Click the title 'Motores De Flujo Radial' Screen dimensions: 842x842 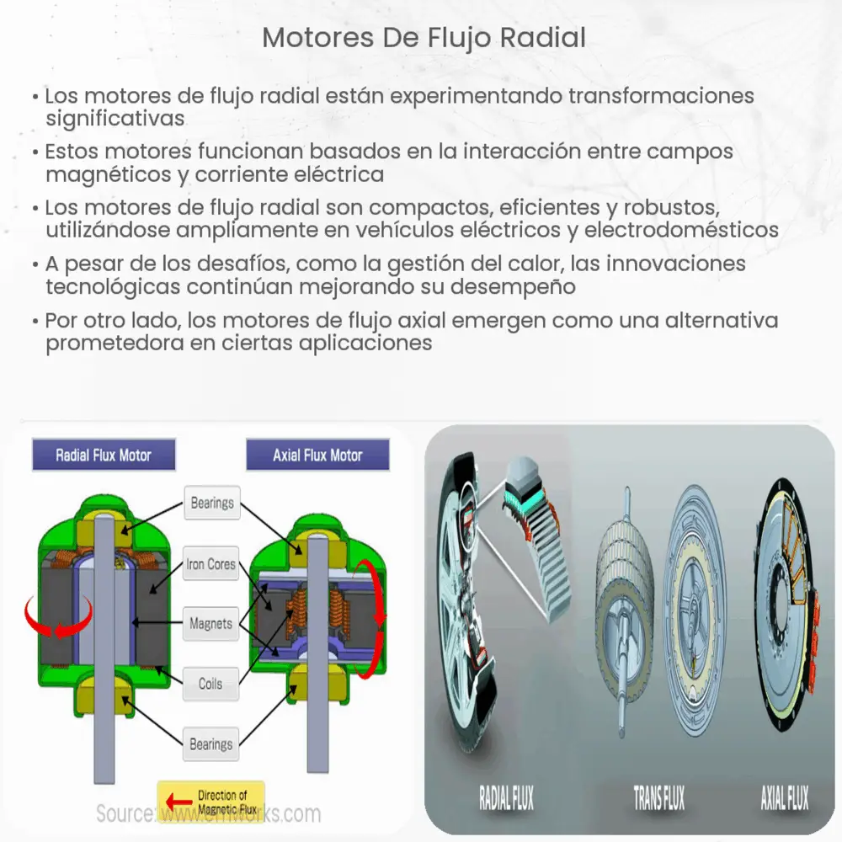point(424,38)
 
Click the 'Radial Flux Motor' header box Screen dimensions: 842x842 point(104,456)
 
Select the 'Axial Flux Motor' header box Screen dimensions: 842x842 point(317,456)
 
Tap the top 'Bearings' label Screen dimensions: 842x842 point(212,504)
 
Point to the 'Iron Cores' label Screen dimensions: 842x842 point(211,565)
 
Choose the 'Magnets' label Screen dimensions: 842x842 point(210,625)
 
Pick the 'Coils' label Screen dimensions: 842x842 point(210,684)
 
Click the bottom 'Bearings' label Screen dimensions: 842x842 point(210,744)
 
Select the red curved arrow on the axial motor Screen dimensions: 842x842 point(373,619)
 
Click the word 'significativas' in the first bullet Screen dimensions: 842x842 point(115,119)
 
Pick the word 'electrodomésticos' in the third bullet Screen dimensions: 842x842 point(681,229)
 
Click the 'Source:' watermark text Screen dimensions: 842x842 point(125,814)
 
